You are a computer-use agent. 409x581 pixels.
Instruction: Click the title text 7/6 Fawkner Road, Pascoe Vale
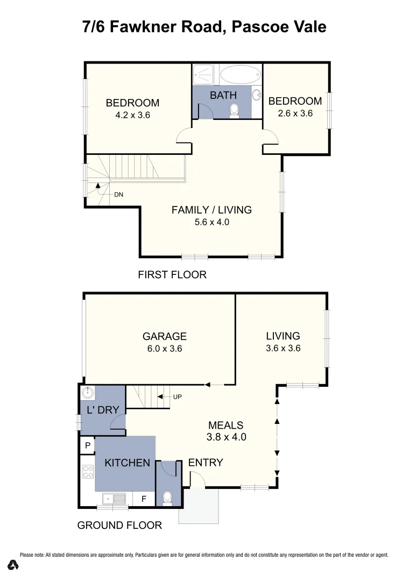(204, 26)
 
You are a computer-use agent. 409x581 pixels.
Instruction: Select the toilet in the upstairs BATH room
(234, 110)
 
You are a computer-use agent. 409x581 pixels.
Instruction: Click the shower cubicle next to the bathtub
(204, 75)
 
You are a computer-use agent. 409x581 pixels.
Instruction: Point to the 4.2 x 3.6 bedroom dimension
(132, 115)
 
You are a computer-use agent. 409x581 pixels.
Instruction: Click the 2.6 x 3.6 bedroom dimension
(295, 114)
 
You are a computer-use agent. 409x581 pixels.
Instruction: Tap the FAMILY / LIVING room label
(211, 210)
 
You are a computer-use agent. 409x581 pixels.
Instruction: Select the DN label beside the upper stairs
(118, 195)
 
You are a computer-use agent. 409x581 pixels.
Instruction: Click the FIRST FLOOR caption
(172, 275)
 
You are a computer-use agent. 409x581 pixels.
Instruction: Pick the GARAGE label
(164, 336)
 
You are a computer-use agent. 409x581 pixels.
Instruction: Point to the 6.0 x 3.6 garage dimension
(164, 349)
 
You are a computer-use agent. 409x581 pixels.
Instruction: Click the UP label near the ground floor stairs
(178, 397)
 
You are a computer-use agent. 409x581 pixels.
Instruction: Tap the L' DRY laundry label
(102, 410)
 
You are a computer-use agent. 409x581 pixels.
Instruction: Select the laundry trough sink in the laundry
(88, 393)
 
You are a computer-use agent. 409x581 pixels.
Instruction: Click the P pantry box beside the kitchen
(87, 445)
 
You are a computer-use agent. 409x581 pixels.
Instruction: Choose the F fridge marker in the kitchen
(144, 499)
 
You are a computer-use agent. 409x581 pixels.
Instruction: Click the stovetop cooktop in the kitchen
(88, 472)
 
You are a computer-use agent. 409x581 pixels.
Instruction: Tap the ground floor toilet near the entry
(167, 497)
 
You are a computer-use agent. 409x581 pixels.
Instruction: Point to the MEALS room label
(226, 425)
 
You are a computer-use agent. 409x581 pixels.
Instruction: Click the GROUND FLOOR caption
(119, 525)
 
